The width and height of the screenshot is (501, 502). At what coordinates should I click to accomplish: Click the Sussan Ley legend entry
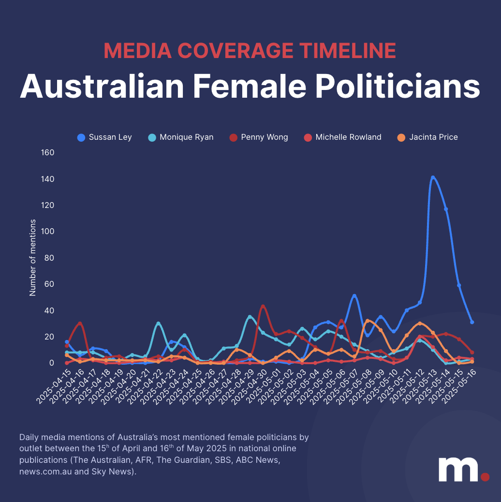click(x=104, y=137)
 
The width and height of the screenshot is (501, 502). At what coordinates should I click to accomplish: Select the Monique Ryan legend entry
click(x=180, y=137)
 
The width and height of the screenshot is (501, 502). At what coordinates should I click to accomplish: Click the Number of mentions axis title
click(x=33, y=257)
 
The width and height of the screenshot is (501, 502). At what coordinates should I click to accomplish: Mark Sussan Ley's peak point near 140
click(x=433, y=177)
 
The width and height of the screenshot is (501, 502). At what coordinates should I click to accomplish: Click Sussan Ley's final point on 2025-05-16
click(x=472, y=322)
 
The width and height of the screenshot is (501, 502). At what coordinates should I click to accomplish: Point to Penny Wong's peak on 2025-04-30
click(x=263, y=306)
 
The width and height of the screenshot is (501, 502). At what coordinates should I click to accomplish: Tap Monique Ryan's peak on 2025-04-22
click(x=158, y=323)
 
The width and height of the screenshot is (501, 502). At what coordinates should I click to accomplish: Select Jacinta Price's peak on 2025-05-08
click(x=367, y=321)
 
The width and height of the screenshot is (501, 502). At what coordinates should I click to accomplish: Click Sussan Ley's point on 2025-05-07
click(x=354, y=295)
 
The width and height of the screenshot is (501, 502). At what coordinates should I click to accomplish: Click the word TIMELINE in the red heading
click(x=340, y=51)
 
